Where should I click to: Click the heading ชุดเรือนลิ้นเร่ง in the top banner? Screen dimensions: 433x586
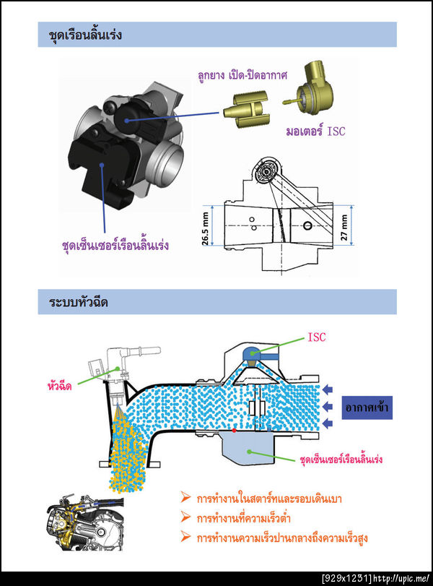(x=85, y=35)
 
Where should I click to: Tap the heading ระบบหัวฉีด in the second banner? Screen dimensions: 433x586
(x=79, y=302)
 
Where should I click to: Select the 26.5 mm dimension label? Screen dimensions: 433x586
(x=205, y=229)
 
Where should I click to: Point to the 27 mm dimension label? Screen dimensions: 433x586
(x=344, y=227)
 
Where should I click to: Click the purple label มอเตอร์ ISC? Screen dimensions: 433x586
(x=316, y=132)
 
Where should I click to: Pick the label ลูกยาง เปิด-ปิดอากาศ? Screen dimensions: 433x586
(x=242, y=75)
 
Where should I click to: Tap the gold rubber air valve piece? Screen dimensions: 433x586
(x=247, y=109)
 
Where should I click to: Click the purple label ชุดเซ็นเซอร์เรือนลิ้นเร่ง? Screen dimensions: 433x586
(x=115, y=245)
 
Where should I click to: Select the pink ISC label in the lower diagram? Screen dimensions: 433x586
(x=317, y=337)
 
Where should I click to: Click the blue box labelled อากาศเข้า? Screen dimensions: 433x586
(x=367, y=408)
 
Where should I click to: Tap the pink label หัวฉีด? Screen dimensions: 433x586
(x=60, y=386)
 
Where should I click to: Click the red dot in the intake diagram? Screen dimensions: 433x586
(x=234, y=431)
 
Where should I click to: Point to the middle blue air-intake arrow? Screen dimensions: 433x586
(x=328, y=406)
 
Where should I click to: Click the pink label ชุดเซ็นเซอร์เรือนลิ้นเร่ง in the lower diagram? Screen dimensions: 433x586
(x=341, y=460)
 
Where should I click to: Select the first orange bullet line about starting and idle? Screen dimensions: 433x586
(x=261, y=499)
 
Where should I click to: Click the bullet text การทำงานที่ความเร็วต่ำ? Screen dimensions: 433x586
(x=243, y=518)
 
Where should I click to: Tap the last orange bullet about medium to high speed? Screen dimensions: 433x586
(x=274, y=538)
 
